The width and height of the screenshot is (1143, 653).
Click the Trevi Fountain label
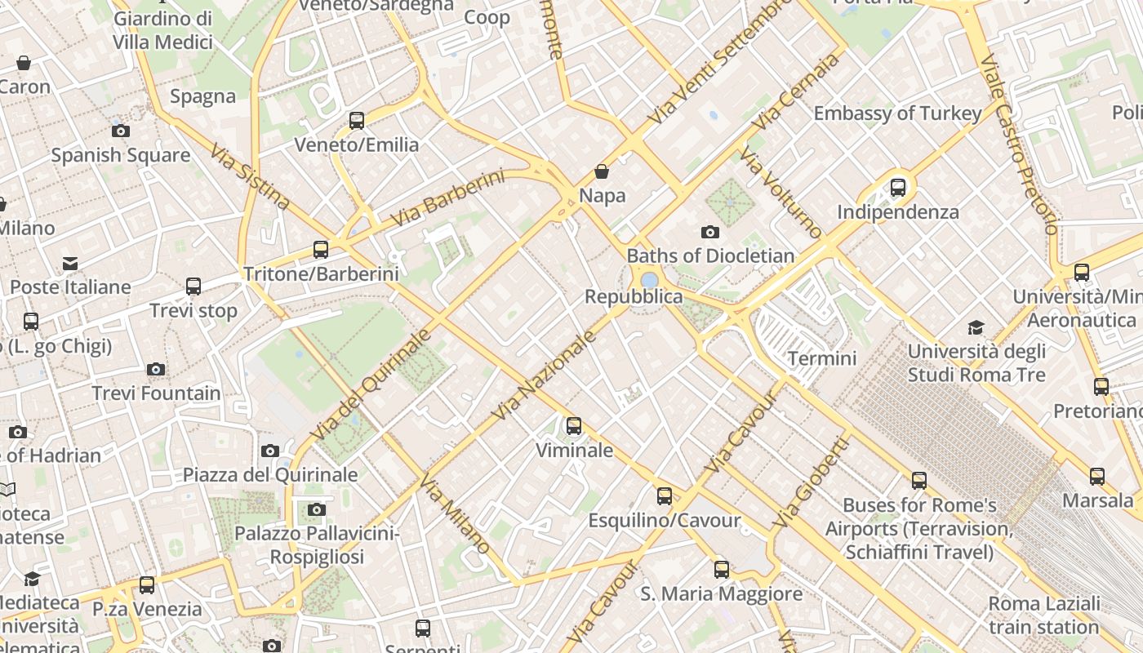(x=156, y=393)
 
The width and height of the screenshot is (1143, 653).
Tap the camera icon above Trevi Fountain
(x=156, y=370)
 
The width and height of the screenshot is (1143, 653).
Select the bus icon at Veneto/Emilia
(x=357, y=121)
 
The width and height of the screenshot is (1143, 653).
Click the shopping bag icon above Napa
(x=602, y=171)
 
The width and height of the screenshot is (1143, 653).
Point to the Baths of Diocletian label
(x=710, y=255)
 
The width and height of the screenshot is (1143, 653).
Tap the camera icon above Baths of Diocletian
(x=710, y=233)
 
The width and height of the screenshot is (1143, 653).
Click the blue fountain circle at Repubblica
(x=650, y=280)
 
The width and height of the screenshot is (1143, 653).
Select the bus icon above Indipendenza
(x=898, y=188)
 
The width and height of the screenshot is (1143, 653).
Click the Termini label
(x=822, y=358)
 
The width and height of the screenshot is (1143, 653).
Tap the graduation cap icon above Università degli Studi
(x=976, y=328)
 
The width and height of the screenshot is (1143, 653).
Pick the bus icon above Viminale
(x=574, y=426)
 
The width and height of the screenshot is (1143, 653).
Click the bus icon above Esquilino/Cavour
(x=665, y=496)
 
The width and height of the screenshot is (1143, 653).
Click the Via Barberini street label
(x=447, y=199)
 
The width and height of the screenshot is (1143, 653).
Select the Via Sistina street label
(x=249, y=177)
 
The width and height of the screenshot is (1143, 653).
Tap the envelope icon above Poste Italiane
(x=70, y=264)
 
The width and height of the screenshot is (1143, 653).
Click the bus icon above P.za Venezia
(x=147, y=585)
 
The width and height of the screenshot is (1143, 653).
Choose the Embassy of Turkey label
(x=897, y=113)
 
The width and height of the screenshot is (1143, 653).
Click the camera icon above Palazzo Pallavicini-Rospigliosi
(x=317, y=510)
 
